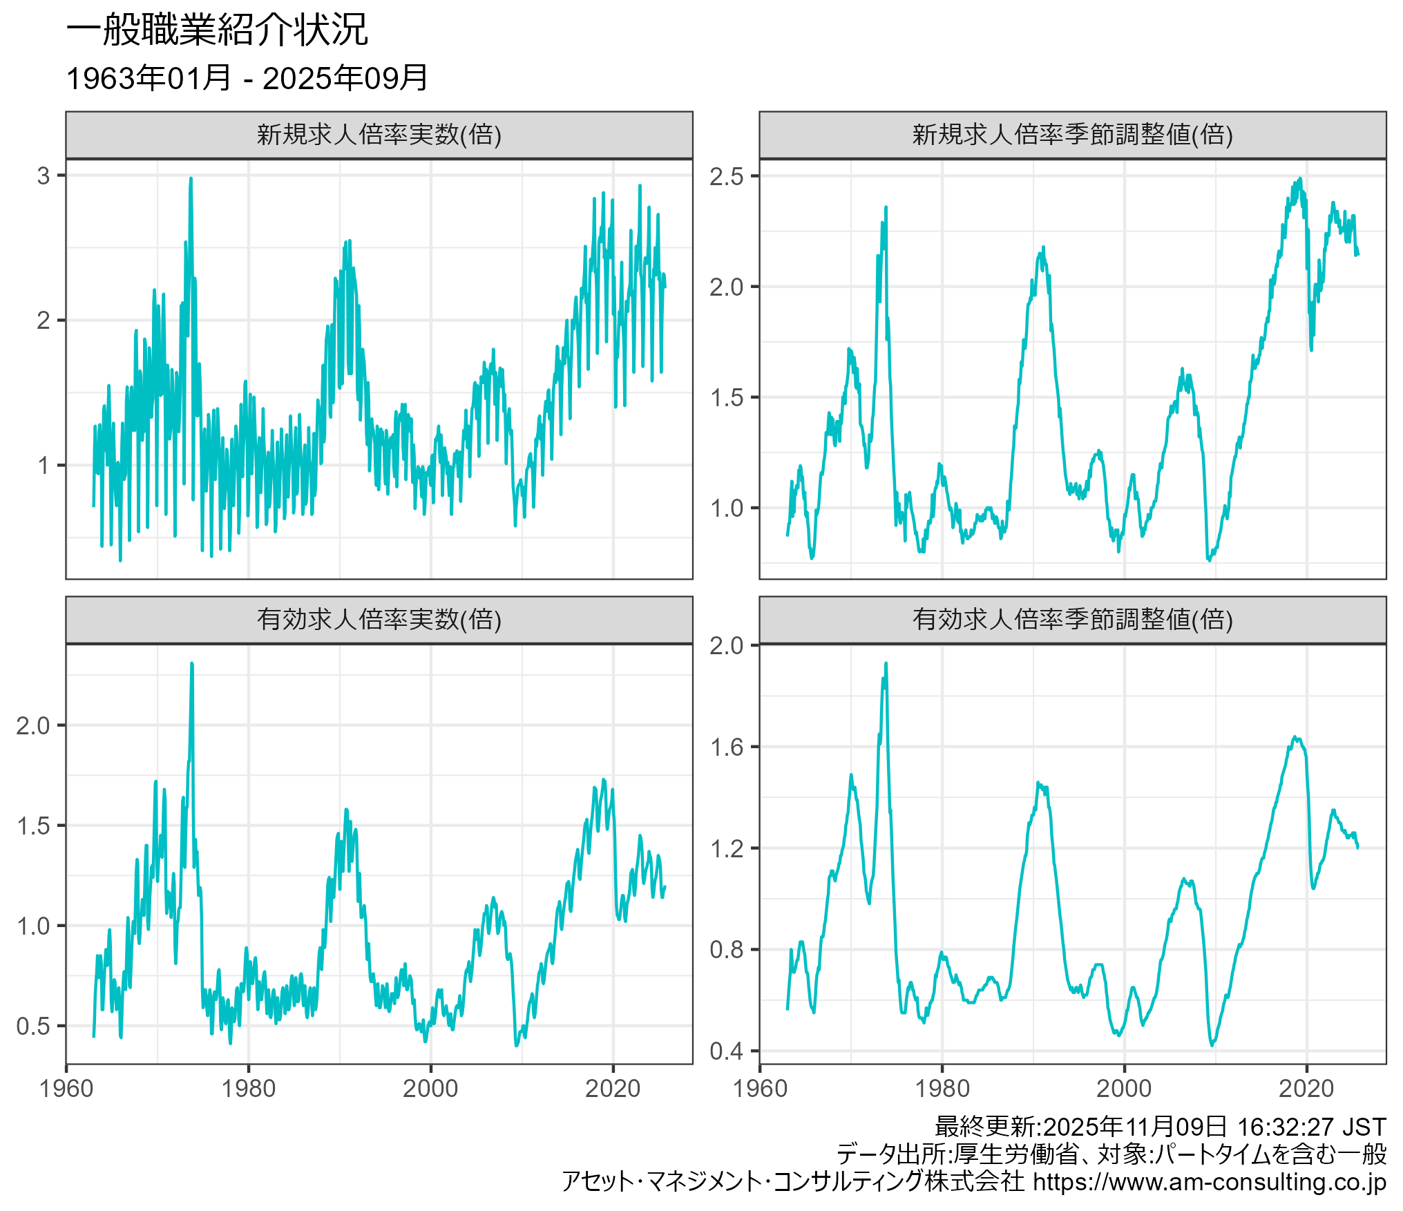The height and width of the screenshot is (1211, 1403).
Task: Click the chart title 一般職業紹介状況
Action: pos(217,31)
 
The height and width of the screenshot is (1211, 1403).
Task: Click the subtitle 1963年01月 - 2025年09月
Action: pos(247,78)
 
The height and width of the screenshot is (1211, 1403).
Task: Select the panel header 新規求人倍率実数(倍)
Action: pos(379,135)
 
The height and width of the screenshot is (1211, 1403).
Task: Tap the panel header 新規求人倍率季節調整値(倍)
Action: pos(1072,135)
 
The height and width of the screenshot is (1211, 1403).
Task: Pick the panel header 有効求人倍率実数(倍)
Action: pos(379,620)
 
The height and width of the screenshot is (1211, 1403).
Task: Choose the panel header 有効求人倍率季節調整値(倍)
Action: pos(1072,620)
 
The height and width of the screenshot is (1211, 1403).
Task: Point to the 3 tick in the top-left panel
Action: pos(44,176)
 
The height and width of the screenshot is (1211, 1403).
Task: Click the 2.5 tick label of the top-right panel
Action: pos(726,177)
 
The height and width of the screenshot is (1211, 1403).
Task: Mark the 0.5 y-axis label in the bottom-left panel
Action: pos(33,1026)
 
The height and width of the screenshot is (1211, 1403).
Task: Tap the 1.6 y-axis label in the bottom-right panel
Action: pos(726,747)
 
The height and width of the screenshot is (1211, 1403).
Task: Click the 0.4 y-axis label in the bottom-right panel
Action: pos(726,1051)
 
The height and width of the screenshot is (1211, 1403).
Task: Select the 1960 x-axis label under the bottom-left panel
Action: pos(66,1089)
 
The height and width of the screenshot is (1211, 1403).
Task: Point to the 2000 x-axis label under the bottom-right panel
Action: pos(1124,1089)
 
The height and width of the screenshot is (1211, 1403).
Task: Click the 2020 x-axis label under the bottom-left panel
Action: pos(613,1089)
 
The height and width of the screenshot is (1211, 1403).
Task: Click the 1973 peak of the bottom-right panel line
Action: pos(886,664)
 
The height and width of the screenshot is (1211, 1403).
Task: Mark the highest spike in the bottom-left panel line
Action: pos(191,664)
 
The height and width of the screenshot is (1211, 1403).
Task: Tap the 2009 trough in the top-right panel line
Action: pos(1210,560)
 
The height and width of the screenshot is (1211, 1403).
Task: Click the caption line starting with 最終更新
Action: pos(1160,1127)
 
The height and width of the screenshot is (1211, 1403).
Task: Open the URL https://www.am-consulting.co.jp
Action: pos(1209,1182)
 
